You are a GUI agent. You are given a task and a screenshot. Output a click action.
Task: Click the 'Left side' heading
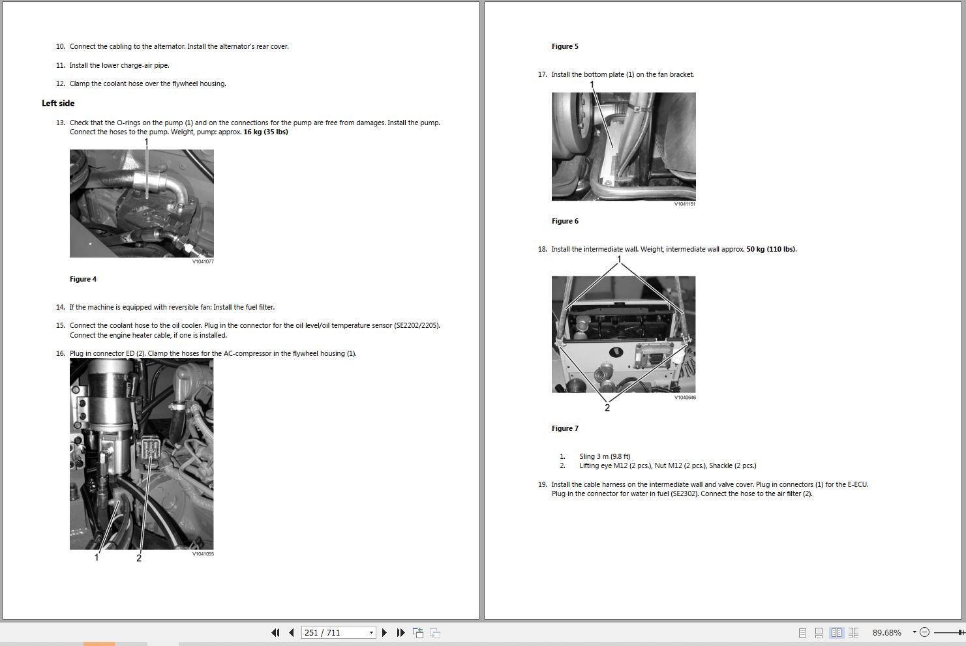(58, 103)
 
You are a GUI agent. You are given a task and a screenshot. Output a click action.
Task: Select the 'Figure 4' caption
(83, 279)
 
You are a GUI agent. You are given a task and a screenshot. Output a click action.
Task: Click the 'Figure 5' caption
(565, 46)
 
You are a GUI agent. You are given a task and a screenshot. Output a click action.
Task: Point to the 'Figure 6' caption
(565, 221)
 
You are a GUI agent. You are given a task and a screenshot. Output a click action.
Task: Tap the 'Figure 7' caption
(565, 428)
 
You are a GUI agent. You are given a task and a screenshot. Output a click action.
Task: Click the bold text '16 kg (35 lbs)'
(265, 132)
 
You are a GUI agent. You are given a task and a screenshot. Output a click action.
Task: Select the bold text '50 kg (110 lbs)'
(771, 249)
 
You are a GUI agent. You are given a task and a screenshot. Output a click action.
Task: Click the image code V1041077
(203, 261)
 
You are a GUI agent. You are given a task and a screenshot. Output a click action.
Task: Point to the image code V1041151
(685, 204)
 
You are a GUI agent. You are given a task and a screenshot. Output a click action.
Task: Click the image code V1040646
(685, 397)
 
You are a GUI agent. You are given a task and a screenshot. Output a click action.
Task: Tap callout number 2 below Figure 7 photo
(607, 408)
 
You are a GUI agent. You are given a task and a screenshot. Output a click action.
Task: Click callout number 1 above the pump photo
(146, 142)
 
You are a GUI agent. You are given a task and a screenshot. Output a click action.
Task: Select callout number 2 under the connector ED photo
(139, 558)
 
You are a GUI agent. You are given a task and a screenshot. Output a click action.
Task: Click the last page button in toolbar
(400, 632)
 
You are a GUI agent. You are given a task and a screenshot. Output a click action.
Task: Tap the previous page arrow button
(292, 632)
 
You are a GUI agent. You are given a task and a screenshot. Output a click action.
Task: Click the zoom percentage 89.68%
(886, 632)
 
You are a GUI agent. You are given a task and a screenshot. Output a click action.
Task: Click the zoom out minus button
(924, 632)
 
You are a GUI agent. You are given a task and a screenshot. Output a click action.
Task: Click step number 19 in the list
(542, 484)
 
